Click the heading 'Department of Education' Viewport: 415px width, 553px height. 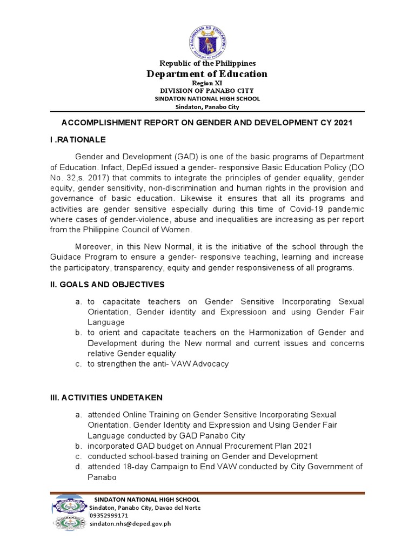[207, 74]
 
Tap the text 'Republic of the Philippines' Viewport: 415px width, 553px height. [207, 64]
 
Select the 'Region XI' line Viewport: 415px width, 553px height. [207, 84]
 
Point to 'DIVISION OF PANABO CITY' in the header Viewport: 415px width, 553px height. [207, 91]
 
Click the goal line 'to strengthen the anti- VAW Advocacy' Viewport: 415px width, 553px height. [158, 364]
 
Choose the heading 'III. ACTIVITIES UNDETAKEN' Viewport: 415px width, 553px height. [105, 397]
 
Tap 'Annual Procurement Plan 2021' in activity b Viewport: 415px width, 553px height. [257, 446]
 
